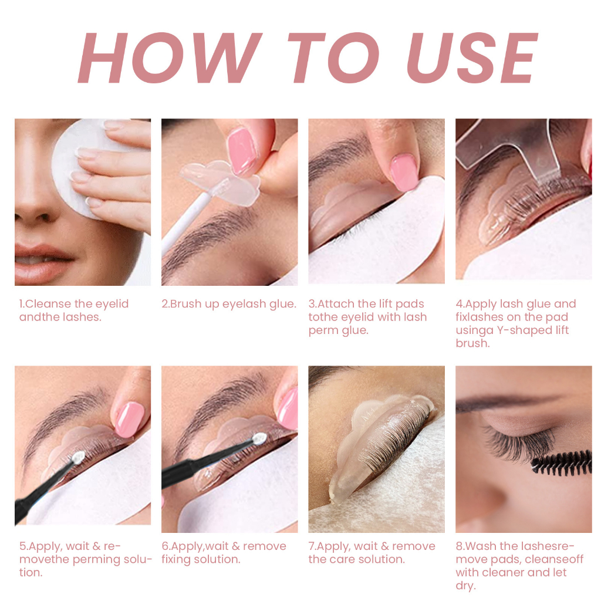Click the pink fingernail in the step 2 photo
(x=242, y=151)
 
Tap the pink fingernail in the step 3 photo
(x=404, y=172)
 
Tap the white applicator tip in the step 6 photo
(x=258, y=438)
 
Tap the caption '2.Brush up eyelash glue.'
(x=229, y=304)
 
